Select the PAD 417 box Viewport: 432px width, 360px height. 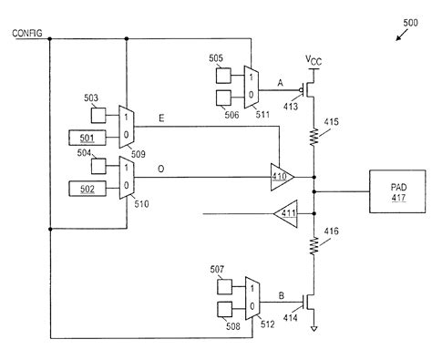pyautogui.click(x=394, y=191)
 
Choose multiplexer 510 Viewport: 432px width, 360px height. pyautogui.click(x=127, y=178)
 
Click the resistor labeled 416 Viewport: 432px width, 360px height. pyautogui.click(x=314, y=245)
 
